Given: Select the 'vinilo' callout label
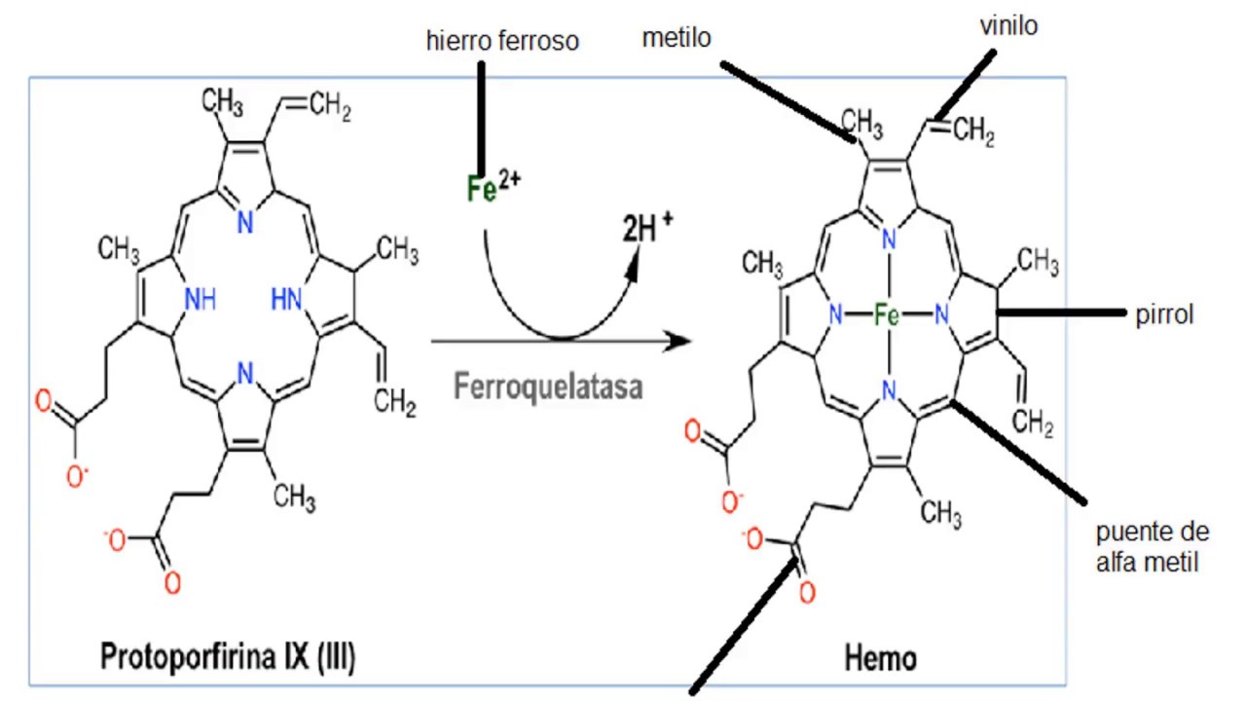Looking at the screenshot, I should coord(1008,26).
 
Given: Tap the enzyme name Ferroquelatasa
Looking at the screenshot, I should coord(548,387).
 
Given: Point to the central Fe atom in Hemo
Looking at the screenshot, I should coord(887,314).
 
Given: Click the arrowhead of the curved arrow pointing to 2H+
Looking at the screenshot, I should coord(635,263).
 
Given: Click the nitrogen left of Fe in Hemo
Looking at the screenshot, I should coord(834,314).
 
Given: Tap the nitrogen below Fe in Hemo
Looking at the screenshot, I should coord(887,390).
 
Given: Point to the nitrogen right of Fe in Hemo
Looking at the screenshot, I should coord(940,314).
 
